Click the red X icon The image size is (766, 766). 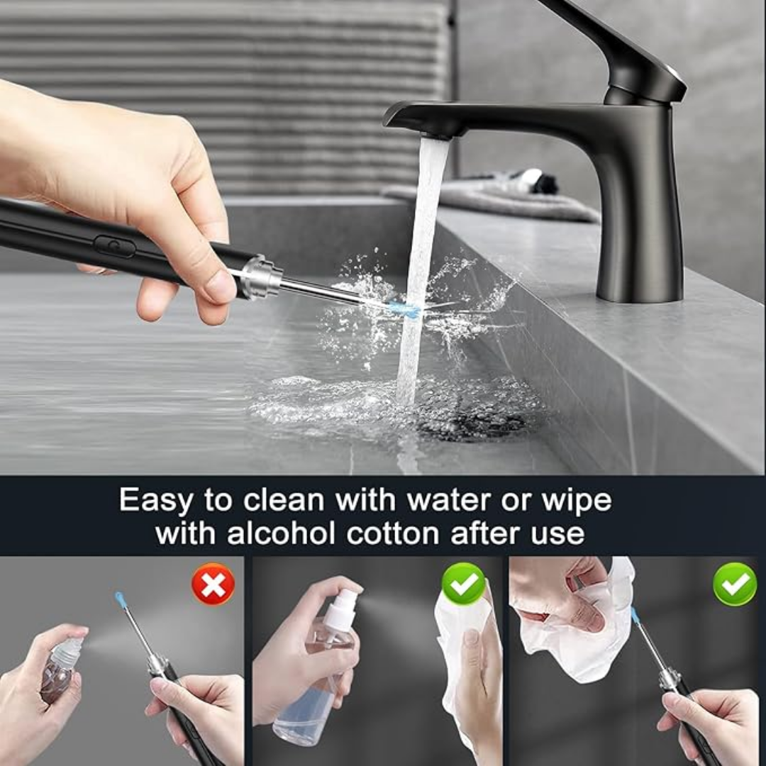point(213,584)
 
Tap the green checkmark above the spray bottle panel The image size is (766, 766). point(463,583)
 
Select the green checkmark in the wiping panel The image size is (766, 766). point(735,584)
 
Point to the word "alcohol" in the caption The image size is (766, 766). point(281,533)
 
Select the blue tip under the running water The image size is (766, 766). point(404,309)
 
